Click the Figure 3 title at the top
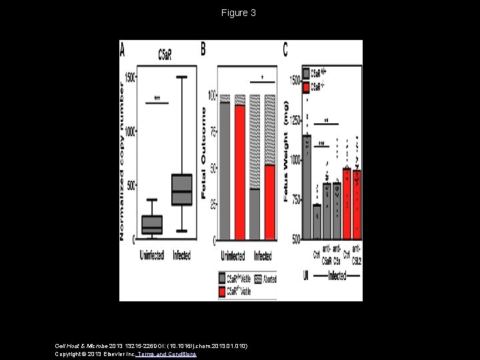pos(239,13)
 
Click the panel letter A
pos(124,50)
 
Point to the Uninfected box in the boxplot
pos(152,225)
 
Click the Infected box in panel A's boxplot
pos(181,189)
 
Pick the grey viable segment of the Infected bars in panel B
pos(255,214)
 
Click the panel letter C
pos(286,50)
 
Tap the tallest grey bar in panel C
pos(307,187)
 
